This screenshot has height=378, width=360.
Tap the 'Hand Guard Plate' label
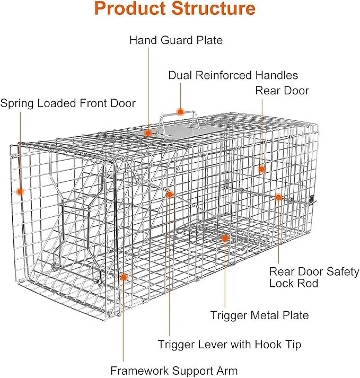(x=176, y=40)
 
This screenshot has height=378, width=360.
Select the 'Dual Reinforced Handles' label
(x=233, y=75)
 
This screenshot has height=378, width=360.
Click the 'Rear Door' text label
(x=282, y=91)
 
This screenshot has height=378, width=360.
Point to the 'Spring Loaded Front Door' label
(x=68, y=103)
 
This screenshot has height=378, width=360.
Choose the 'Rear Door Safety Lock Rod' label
(x=314, y=277)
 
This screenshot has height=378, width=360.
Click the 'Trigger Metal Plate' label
(x=259, y=315)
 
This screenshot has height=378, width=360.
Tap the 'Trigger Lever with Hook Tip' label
(x=229, y=344)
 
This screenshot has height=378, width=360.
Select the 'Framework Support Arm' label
(x=173, y=371)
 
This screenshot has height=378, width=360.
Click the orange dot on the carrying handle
(x=180, y=112)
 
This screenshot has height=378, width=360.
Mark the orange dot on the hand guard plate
(x=148, y=133)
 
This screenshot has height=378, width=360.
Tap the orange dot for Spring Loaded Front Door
(x=20, y=191)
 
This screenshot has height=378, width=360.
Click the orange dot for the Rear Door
(x=261, y=169)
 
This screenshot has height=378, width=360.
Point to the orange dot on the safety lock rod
(x=278, y=197)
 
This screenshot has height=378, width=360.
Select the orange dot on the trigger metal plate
(x=225, y=239)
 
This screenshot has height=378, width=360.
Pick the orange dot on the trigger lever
(x=170, y=195)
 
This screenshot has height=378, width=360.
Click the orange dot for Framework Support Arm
(x=124, y=276)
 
